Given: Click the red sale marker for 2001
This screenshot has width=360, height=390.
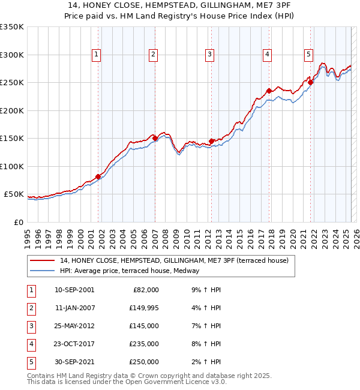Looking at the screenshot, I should click(x=98, y=176).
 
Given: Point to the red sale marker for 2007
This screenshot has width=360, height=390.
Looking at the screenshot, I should click(x=155, y=139).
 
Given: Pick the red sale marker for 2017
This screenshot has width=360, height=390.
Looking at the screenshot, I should click(x=269, y=91).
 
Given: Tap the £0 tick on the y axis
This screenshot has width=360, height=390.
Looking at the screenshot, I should click(x=18, y=222).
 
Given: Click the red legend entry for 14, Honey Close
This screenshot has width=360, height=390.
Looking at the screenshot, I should click(x=174, y=260).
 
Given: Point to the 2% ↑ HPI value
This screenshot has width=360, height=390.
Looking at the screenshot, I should click(x=208, y=362).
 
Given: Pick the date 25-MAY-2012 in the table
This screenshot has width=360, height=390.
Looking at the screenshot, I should click(x=74, y=326).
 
